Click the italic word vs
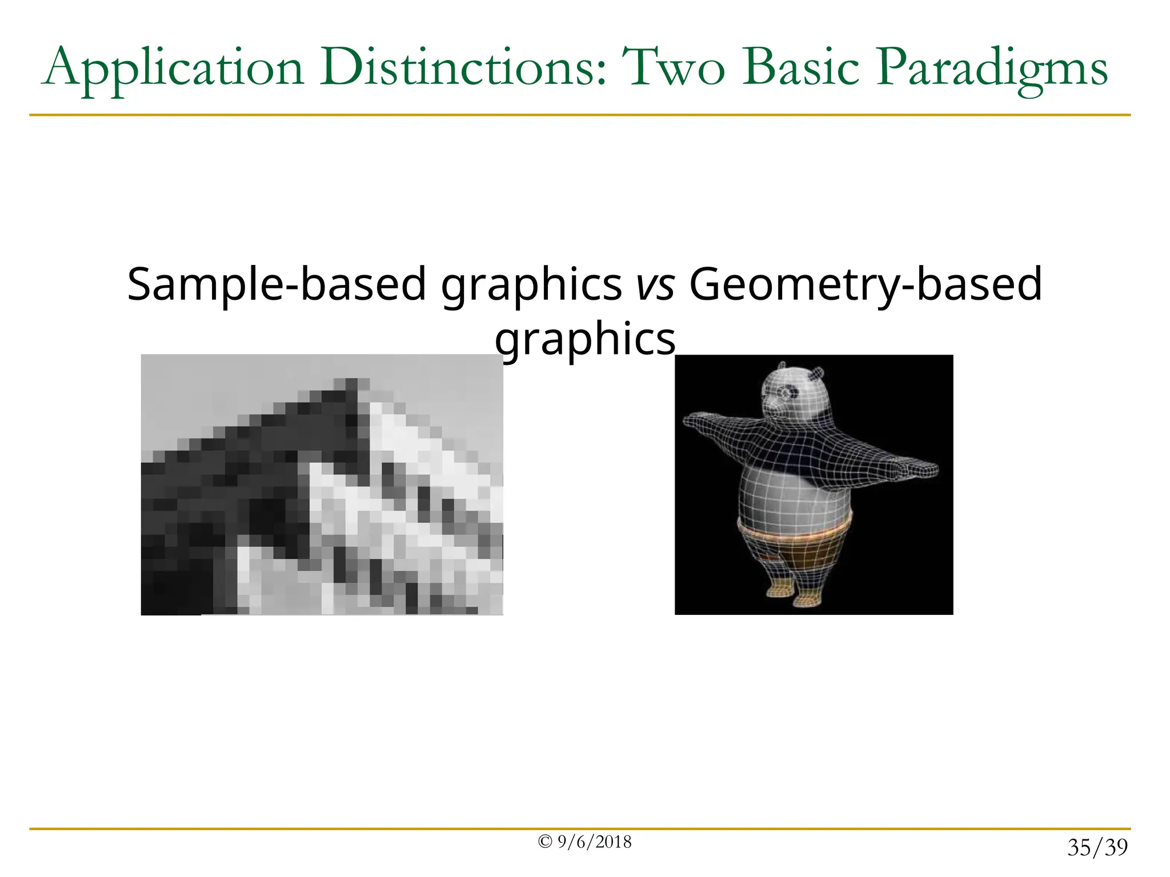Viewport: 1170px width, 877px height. coord(656,285)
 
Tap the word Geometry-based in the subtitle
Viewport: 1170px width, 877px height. coord(866,285)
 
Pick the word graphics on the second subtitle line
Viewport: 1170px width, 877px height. coord(585,340)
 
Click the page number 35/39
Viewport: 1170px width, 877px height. coord(1097,847)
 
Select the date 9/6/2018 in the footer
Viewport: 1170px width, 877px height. coord(595,842)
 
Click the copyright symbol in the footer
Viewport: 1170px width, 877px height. coord(545,842)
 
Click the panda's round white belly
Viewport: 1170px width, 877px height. coord(791,497)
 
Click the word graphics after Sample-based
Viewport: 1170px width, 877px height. coord(531,285)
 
